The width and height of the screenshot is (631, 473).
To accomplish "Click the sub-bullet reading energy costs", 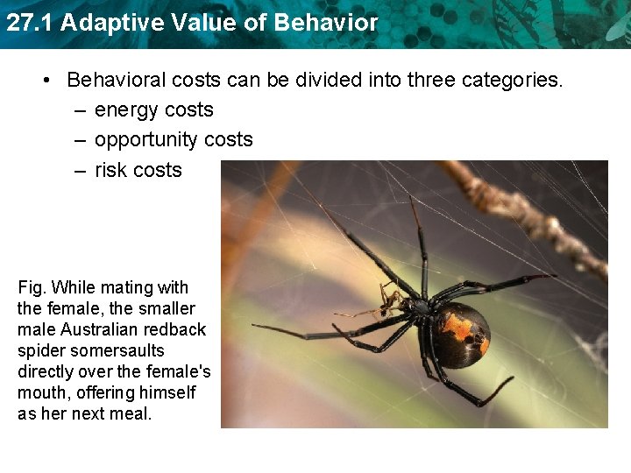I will pyautogui.click(x=153, y=109).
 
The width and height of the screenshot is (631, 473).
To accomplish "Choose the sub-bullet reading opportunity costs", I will pyautogui.click(x=174, y=140).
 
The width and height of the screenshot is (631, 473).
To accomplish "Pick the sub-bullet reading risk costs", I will pyautogui.click(x=138, y=170).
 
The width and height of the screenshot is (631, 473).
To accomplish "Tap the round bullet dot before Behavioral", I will pyautogui.click(x=49, y=80).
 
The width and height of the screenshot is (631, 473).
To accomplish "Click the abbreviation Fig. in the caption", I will pyautogui.click(x=32, y=287).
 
